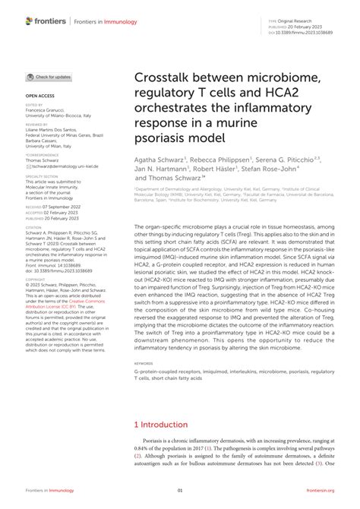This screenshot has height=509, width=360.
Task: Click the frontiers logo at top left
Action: pyautogui.click(x=45, y=22)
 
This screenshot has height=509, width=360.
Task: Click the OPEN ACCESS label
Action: pyautogui.click(x=39, y=96)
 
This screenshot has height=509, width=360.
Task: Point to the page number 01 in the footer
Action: pyautogui.click(x=180, y=491)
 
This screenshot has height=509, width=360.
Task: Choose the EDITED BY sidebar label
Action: pyautogui.click(x=33, y=105)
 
